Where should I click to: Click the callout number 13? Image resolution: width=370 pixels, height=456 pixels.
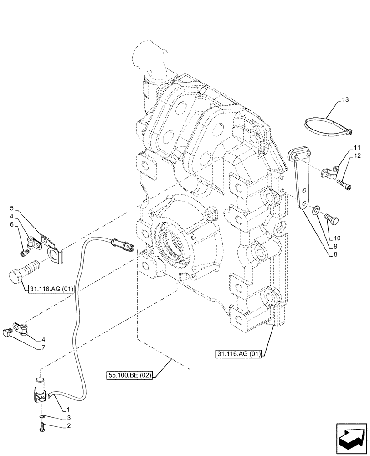click(344, 99)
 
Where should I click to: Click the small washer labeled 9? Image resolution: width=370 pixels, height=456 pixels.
click(316, 210)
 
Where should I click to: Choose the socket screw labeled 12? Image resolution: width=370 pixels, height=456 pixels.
click(344, 185)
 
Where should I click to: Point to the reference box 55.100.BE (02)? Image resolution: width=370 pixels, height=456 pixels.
click(130, 375)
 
